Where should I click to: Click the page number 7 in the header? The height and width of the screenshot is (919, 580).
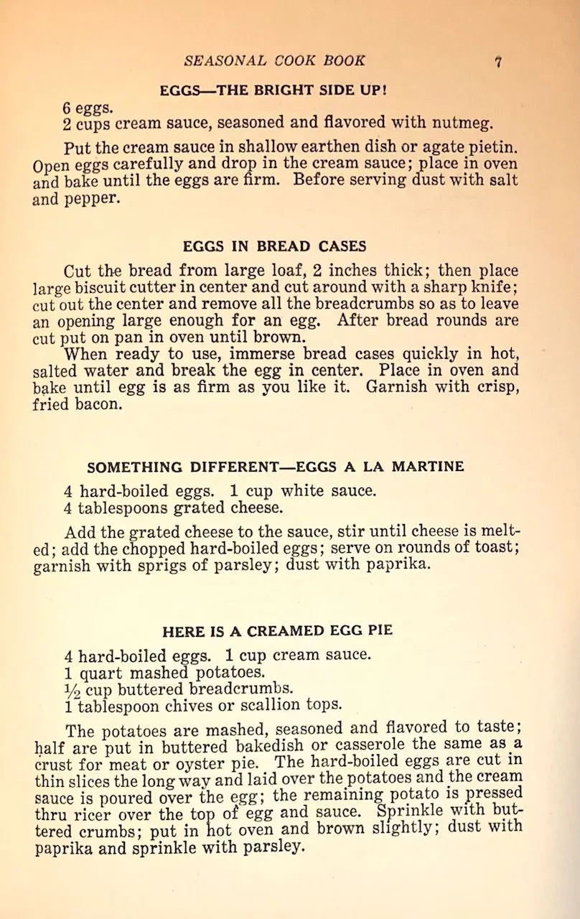coord(497,62)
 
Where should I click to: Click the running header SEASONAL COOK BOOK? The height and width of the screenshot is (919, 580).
coord(274,61)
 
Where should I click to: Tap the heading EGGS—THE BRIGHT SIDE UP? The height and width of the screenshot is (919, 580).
coord(273,90)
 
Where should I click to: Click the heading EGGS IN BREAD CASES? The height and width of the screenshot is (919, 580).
coord(274,246)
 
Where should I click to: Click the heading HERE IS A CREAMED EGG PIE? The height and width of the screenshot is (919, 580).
coord(277,631)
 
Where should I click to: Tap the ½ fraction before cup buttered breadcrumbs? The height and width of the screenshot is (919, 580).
coord(73,690)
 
